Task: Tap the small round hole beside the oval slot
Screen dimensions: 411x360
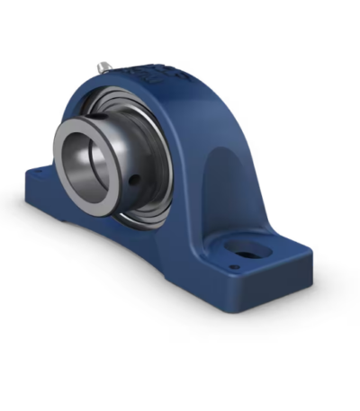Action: click(234, 266)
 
